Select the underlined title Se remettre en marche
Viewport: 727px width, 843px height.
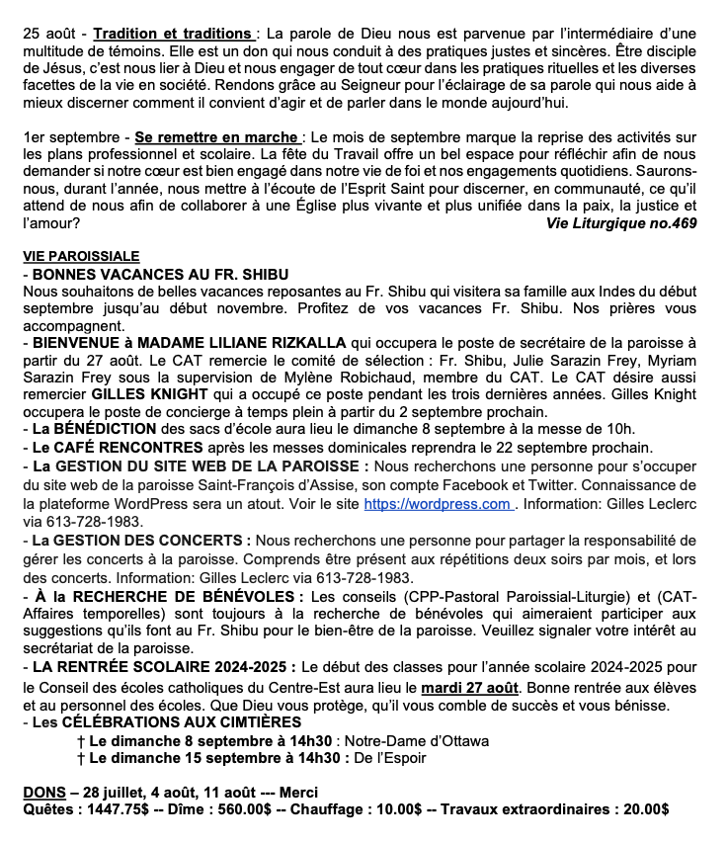pyautogui.click(x=216, y=136)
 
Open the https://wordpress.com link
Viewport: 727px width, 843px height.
pyautogui.click(x=436, y=503)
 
